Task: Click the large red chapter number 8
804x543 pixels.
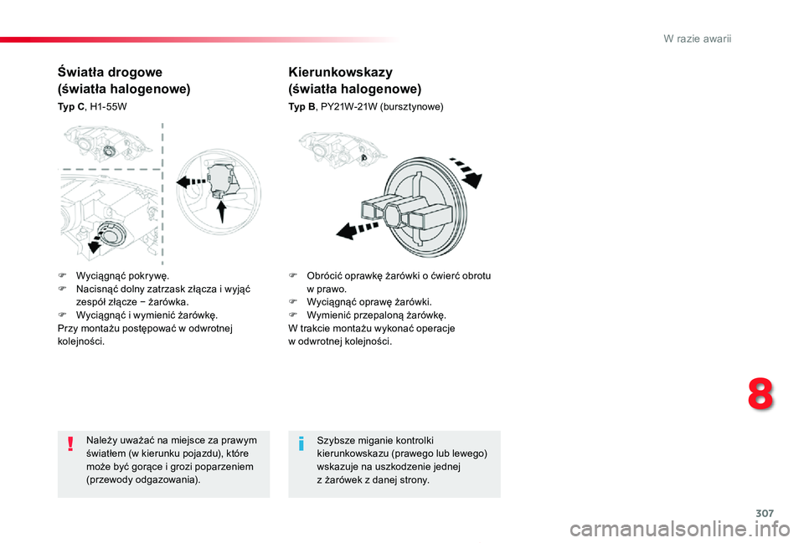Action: (760, 395)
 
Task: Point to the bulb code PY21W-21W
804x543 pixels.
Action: (348, 107)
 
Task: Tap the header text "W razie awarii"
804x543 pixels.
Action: (697, 39)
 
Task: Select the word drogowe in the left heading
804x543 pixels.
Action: (134, 72)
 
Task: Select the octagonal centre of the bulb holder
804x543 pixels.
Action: (394, 213)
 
